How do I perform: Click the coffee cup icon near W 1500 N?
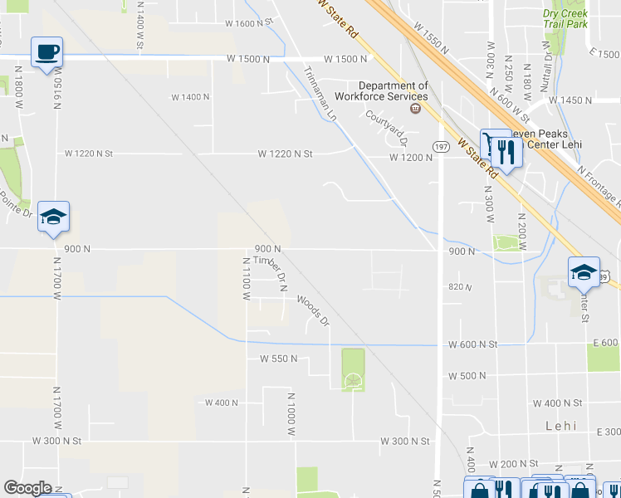(x=47, y=51)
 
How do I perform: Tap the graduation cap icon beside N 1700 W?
(x=54, y=217)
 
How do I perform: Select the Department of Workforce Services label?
(x=394, y=91)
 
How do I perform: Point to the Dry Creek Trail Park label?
(x=565, y=19)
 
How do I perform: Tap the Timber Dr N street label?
(x=270, y=272)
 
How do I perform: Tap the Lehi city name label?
(x=560, y=425)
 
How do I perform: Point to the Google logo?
(x=27, y=488)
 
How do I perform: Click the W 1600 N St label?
(x=249, y=23)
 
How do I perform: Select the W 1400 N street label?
(x=190, y=97)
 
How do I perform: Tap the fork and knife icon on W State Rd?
(x=507, y=151)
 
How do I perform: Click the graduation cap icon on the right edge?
(x=584, y=271)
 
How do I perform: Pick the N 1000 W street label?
(x=291, y=415)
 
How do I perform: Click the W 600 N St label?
(x=472, y=344)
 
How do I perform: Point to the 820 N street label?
(x=459, y=287)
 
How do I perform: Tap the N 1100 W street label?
(x=246, y=273)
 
